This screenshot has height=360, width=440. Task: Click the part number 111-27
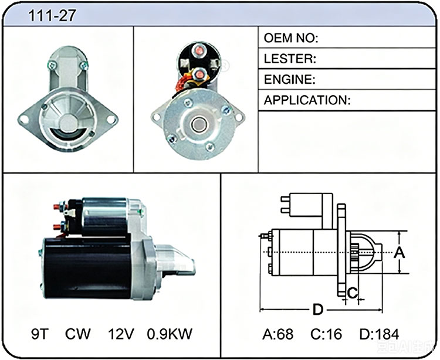point(52,15)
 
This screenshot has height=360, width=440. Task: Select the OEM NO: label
point(291,38)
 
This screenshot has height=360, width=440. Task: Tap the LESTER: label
point(290,59)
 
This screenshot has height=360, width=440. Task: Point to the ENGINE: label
point(290,79)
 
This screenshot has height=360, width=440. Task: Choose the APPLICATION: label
point(307,100)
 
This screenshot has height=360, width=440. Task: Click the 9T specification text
point(40,334)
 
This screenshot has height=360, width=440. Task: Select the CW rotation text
point(77,334)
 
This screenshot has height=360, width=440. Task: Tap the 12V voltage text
point(121,334)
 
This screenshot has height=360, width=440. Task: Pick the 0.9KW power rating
point(170,334)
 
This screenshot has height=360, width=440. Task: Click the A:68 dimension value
point(278,334)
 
